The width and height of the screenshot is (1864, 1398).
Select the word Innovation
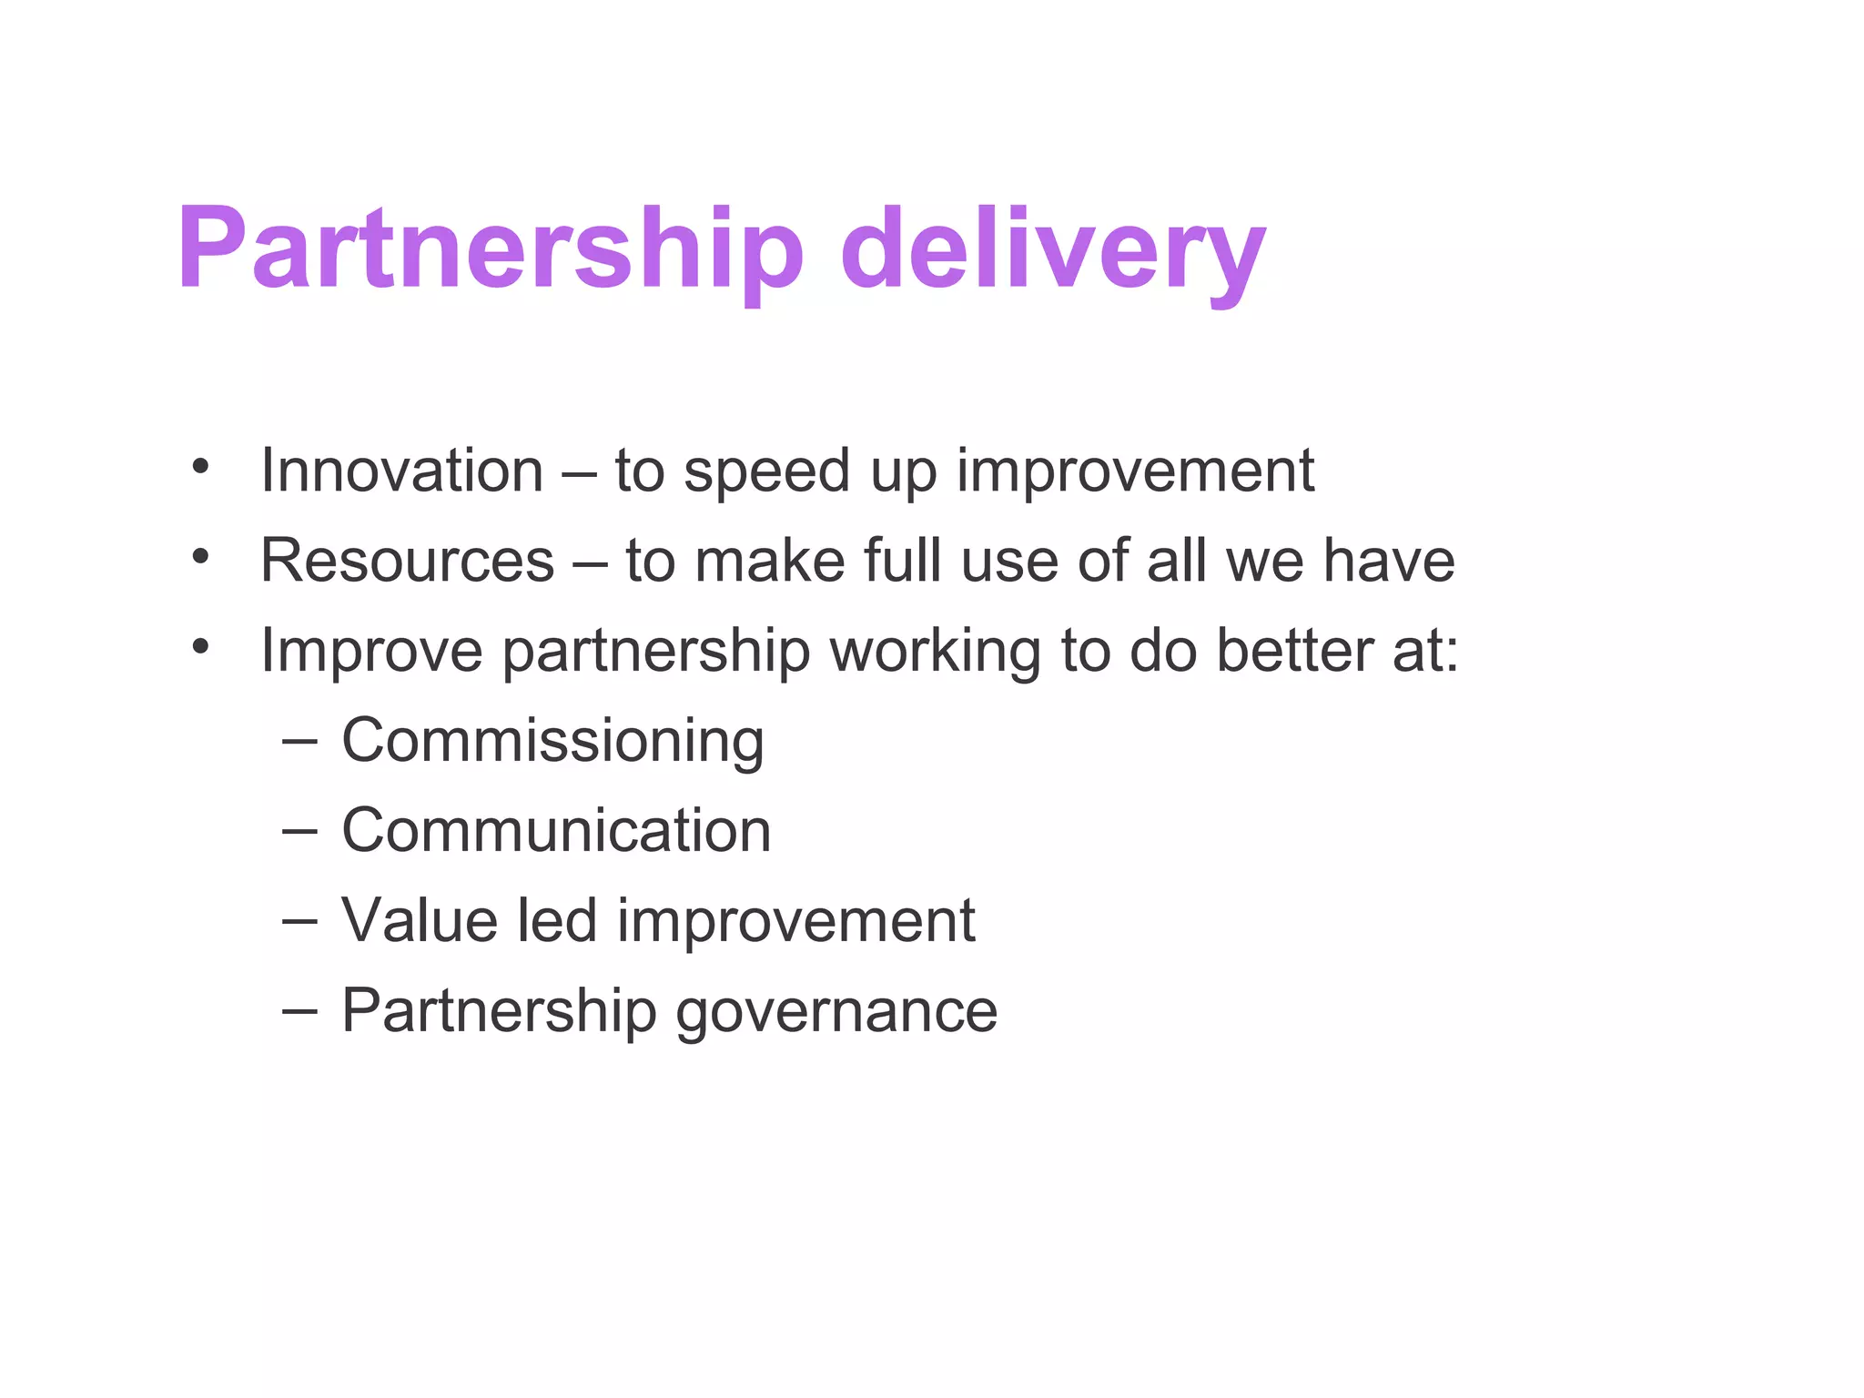401,471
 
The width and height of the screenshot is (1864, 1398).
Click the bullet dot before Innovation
200,466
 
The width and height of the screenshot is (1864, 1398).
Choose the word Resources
407,560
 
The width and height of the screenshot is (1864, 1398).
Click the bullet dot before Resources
200,555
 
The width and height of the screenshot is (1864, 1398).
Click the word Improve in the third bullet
370,652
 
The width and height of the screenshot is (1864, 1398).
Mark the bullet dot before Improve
200,646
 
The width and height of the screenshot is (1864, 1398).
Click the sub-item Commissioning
552,741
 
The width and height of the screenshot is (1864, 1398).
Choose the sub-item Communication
556,830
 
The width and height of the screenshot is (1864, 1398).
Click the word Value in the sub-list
420,920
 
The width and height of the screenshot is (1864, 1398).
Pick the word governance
836,1012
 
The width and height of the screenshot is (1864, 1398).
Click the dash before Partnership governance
299,1011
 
